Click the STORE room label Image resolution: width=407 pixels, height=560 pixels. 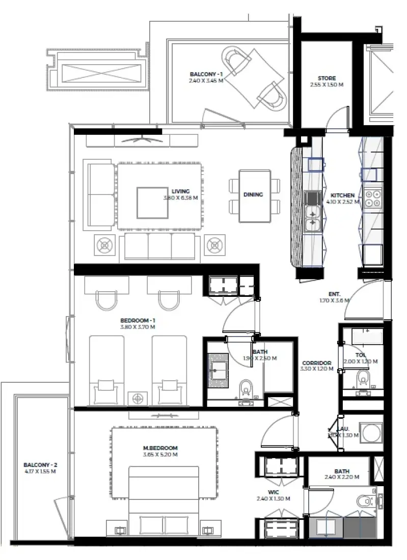coord(327,78)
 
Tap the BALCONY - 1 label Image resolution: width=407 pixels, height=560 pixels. coord(206,74)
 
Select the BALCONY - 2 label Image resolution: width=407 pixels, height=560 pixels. coord(40,465)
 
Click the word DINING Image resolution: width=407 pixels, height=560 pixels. coord(253,194)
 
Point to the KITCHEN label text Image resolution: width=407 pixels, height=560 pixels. coord(342,195)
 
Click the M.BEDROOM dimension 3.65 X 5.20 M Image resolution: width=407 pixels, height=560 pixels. coord(160,455)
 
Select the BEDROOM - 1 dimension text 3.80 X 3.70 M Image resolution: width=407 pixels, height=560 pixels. coord(138,327)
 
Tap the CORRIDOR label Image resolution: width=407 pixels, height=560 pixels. coord(317,362)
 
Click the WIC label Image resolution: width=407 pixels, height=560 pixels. coord(273,493)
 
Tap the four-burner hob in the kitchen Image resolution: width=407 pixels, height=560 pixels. coord(372,197)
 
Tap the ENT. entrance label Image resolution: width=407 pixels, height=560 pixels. coord(335,294)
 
